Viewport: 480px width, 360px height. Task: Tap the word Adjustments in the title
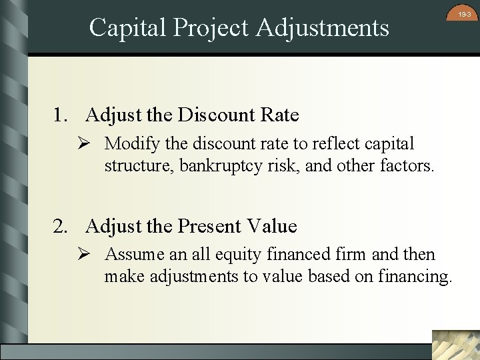[x=323, y=27]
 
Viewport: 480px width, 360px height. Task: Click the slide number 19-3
[x=464, y=14]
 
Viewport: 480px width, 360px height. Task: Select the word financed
[x=293, y=255]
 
